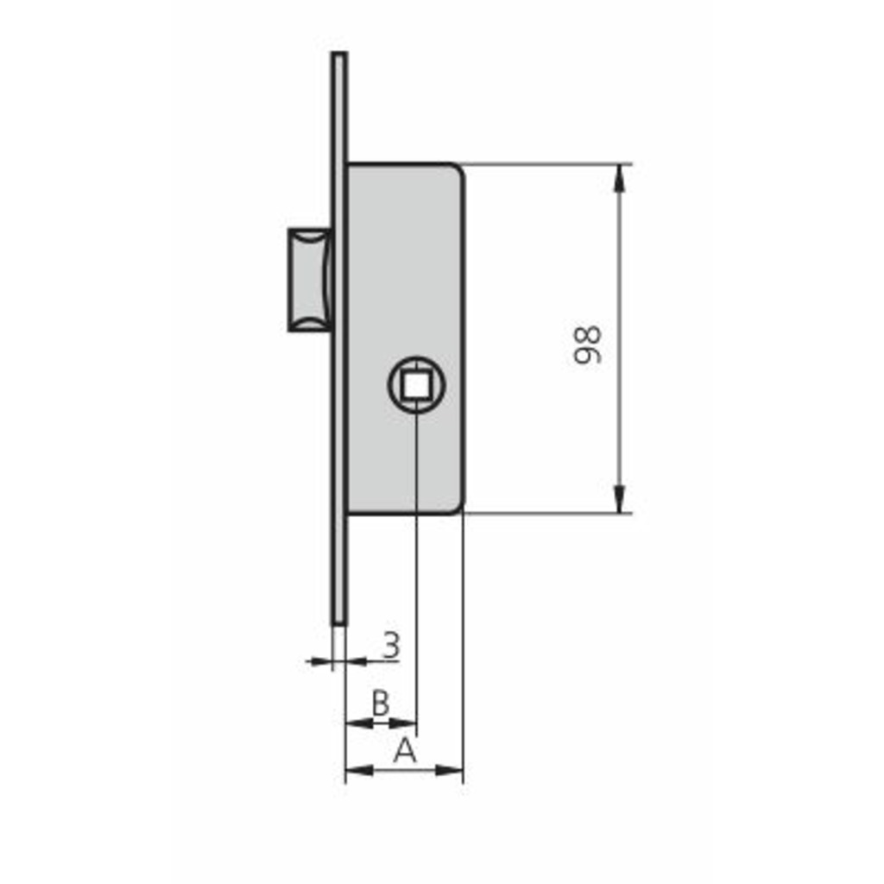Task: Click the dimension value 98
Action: tap(587, 345)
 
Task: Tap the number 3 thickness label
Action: tap(391, 645)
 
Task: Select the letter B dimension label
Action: tap(381, 703)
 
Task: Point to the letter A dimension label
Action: tap(405, 750)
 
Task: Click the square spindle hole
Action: tap(416, 385)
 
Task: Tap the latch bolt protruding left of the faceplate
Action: tap(310, 280)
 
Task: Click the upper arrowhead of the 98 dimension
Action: tap(620, 179)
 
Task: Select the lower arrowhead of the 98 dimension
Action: tap(620, 499)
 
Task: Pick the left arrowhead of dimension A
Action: tap(359, 769)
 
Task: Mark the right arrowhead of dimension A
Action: tap(449, 769)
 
